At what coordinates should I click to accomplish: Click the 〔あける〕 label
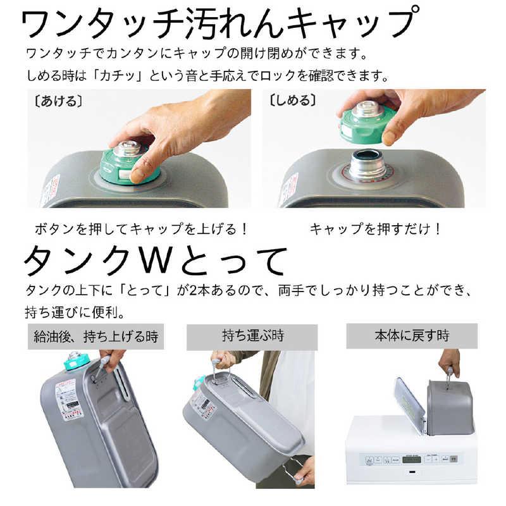click(54, 100)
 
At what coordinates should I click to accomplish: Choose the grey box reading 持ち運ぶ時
click(252, 335)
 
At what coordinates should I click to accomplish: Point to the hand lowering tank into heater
click(449, 362)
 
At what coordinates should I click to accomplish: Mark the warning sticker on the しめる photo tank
click(288, 188)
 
